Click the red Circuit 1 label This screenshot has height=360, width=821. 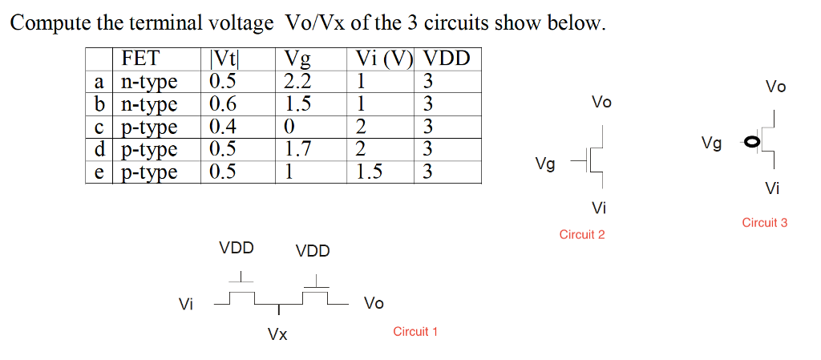point(415,331)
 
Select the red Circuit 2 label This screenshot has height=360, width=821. point(582,234)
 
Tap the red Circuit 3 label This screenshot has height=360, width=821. point(765,223)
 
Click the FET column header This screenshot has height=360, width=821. point(141,59)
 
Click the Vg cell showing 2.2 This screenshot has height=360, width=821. point(297,81)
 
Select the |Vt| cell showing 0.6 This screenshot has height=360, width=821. point(222,103)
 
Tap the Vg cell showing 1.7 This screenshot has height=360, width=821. point(297,149)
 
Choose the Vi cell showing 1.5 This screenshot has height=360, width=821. point(370,172)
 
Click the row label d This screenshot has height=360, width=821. point(99,149)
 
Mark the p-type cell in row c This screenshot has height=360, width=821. point(149,127)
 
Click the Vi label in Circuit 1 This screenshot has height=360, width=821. point(186,304)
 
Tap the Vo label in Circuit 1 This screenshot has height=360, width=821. point(374,303)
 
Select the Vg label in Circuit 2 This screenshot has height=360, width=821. point(545,164)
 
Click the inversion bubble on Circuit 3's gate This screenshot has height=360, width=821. point(750,143)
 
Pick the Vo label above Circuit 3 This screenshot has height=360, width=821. point(775,87)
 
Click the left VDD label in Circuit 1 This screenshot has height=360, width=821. point(237,249)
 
